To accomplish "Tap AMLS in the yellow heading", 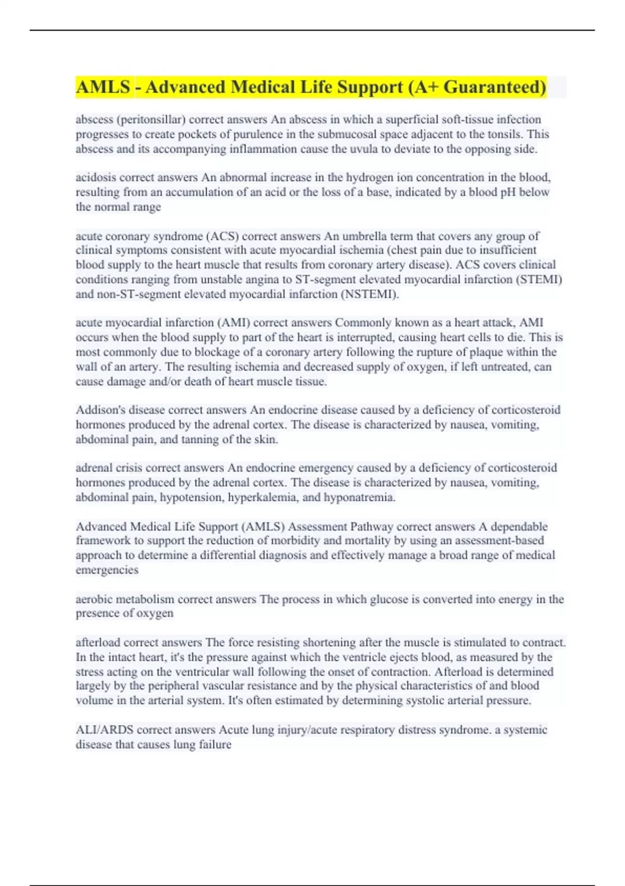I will pos(103,87).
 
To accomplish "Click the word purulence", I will pos(260,134).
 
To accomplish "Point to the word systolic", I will pos(423,700).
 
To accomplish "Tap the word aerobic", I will pos(94,599).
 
